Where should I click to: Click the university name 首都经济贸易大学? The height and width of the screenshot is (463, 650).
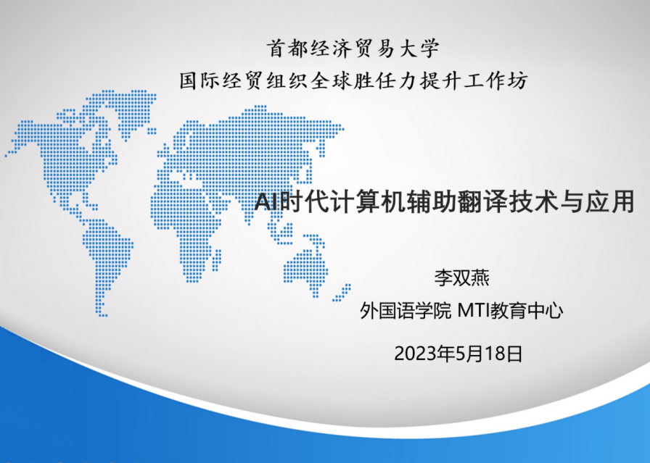click(x=353, y=49)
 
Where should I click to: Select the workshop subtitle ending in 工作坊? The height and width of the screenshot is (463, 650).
click(x=353, y=80)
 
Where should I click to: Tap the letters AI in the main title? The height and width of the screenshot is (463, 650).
click(x=266, y=202)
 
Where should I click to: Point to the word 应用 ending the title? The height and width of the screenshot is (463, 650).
click(x=609, y=201)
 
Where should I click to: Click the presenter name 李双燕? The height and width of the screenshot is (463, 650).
click(x=461, y=278)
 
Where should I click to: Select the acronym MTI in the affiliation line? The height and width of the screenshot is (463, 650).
click(x=473, y=311)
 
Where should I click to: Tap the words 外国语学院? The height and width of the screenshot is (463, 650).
click(x=405, y=311)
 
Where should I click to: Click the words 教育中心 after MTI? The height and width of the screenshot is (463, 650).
click(x=527, y=311)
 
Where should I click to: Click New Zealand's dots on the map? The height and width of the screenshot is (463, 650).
click(x=342, y=293)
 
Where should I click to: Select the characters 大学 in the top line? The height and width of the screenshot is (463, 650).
click(x=419, y=49)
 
